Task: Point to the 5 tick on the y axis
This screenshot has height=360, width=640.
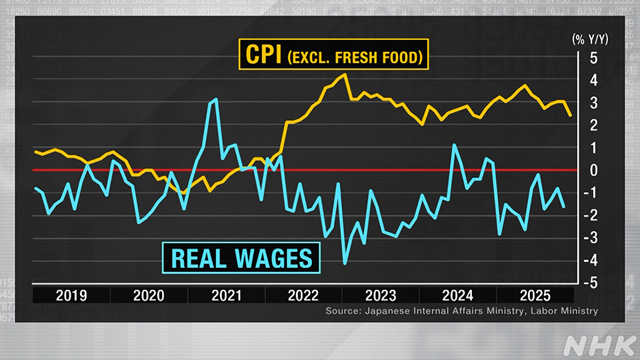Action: pyautogui.click(x=593, y=58)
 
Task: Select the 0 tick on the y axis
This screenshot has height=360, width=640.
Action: pyautogui.click(x=593, y=170)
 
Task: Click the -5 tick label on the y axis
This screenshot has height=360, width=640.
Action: pyautogui.click(x=591, y=283)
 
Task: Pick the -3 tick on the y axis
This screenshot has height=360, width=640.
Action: pyautogui.click(x=591, y=238)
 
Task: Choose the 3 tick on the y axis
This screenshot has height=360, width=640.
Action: pyautogui.click(x=593, y=103)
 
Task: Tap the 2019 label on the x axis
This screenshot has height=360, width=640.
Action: pyautogui.click(x=71, y=295)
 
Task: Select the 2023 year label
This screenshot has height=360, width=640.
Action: pyautogui.click(x=380, y=295)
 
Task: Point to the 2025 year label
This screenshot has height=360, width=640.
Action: pyautogui.click(x=535, y=295)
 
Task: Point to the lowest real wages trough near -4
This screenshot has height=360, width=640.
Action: pyautogui.click(x=345, y=263)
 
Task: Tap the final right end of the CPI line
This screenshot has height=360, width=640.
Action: pyautogui.click(x=571, y=115)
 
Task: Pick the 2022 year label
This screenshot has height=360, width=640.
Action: pyautogui.click(x=303, y=295)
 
